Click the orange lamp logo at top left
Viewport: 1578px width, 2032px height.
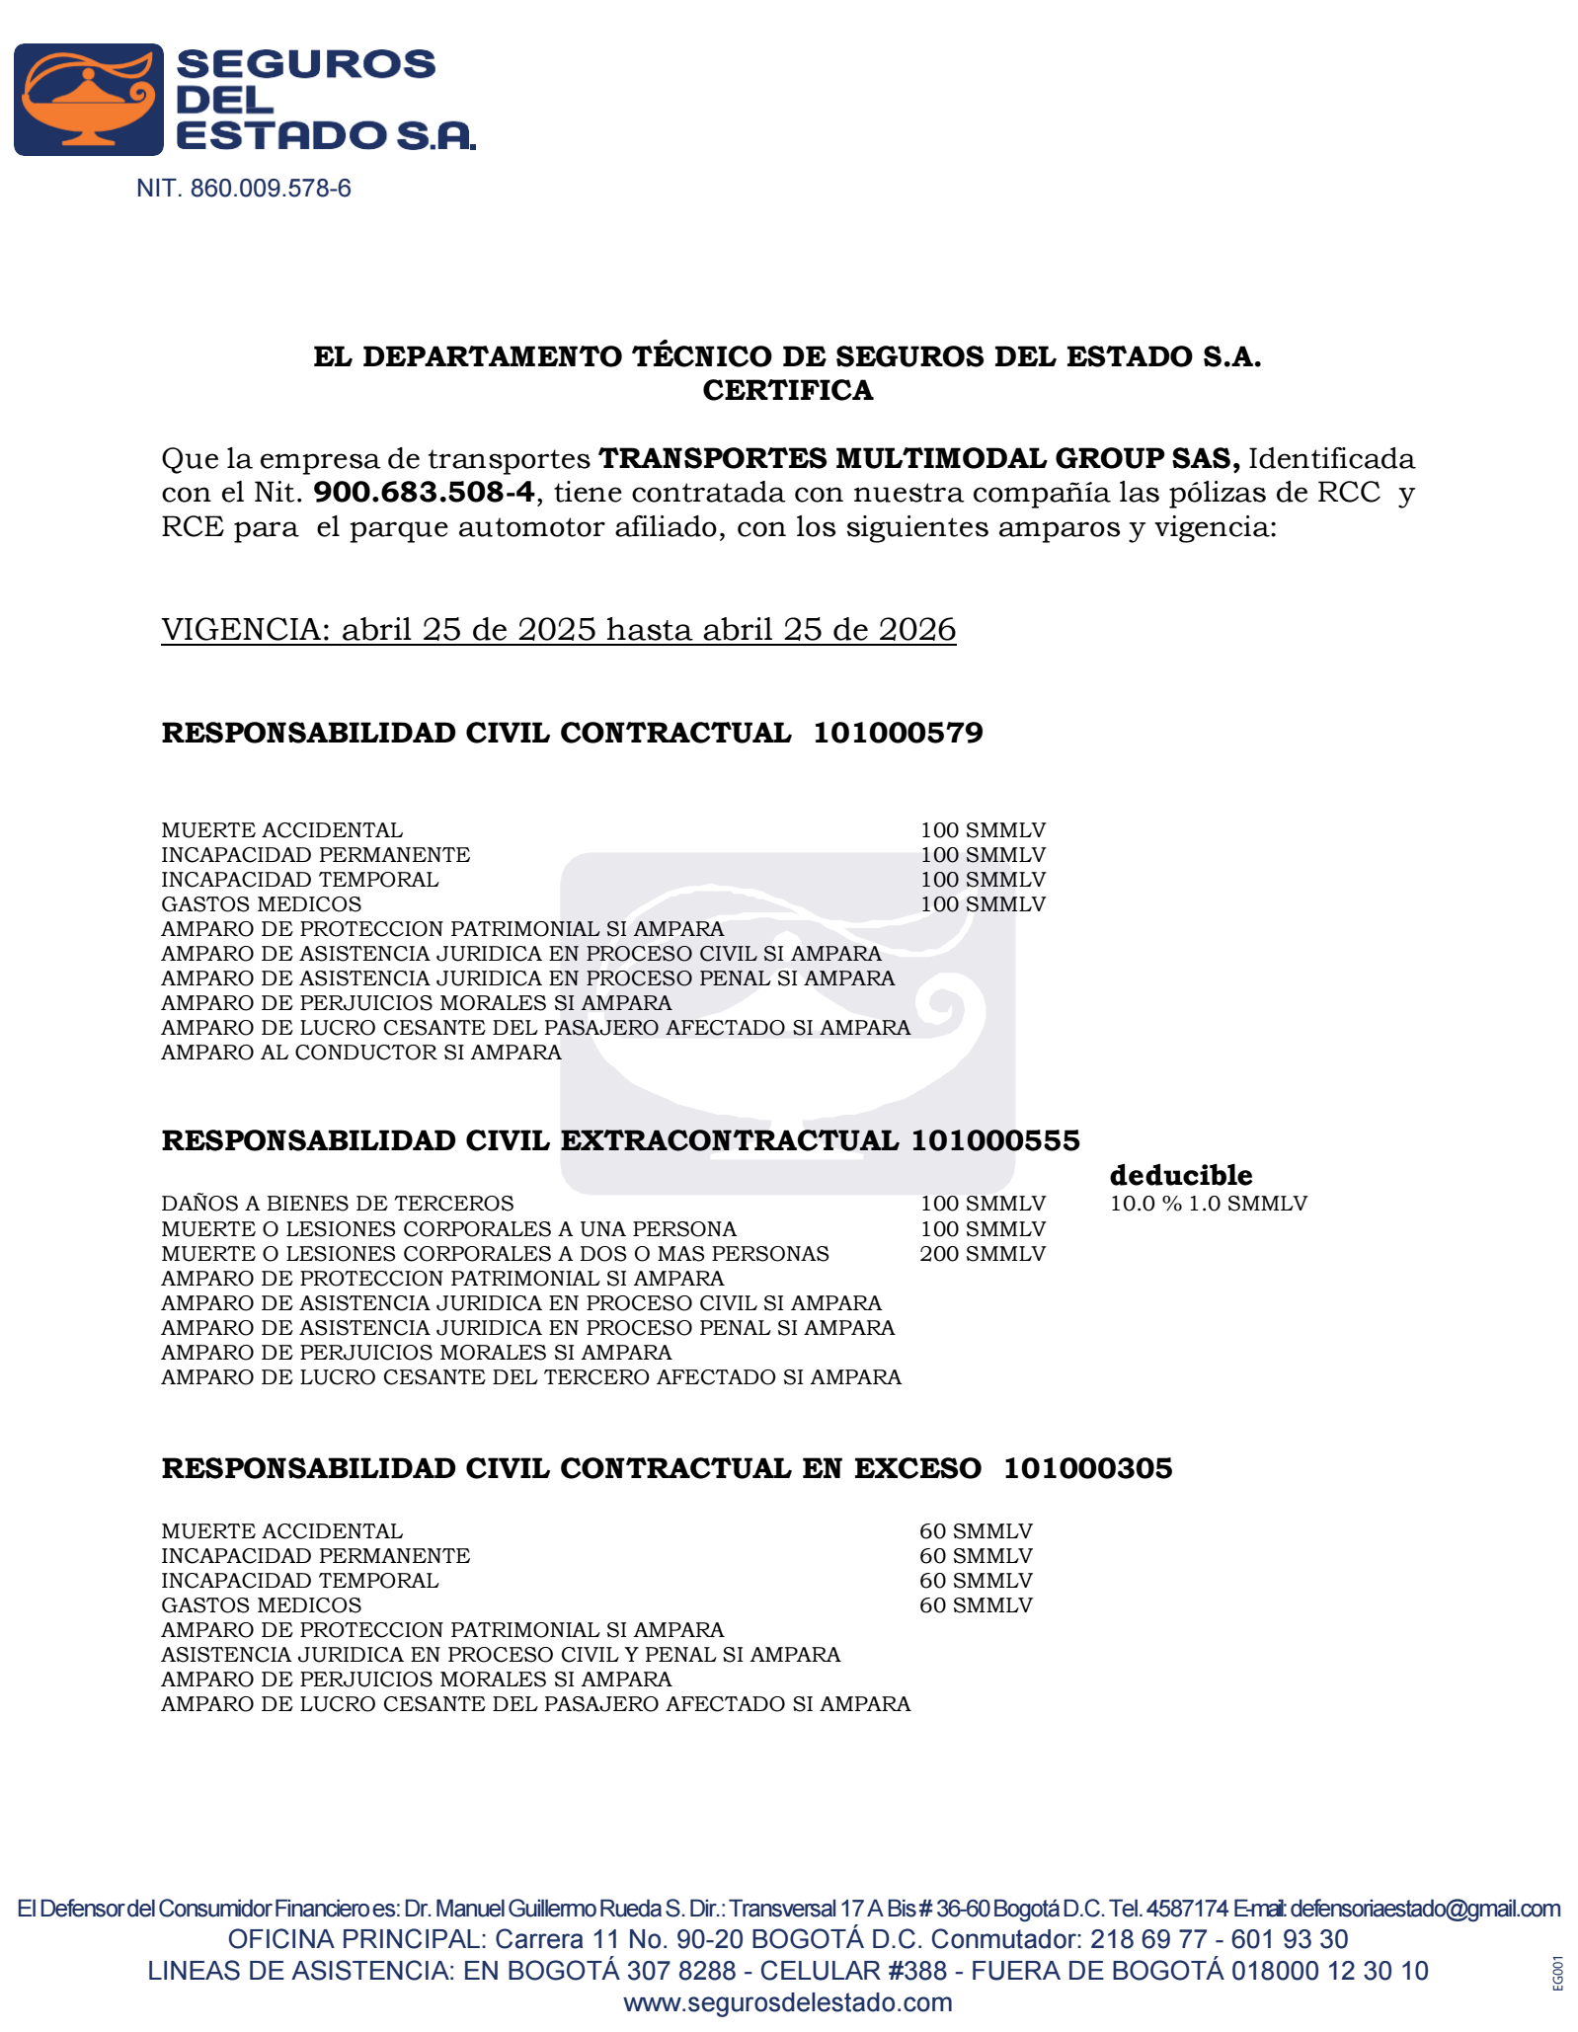[x=88, y=100]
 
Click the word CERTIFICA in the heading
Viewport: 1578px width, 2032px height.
[x=787, y=391]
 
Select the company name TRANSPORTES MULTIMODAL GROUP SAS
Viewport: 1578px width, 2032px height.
[x=918, y=459]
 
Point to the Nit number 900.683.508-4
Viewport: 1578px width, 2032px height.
[x=424, y=493]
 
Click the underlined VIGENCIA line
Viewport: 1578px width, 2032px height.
[x=558, y=630]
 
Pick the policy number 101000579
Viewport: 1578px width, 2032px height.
[x=898, y=734]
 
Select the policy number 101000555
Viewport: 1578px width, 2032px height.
[x=994, y=1141]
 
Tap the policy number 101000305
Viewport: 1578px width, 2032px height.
[x=1087, y=1469]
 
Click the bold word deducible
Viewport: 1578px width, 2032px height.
[x=1180, y=1176]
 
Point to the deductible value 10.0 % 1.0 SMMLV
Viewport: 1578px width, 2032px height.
[x=1208, y=1204]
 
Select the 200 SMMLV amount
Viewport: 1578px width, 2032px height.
[x=982, y=1254]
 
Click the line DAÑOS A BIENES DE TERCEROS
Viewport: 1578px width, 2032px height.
[x=338, y=1204]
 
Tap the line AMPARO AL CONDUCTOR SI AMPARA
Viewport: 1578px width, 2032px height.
[x=361, y=1053]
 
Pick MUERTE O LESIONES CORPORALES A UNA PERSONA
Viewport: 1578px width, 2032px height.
[x=448, y=1229]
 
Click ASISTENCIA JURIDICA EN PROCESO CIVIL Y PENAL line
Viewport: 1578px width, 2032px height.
[x=501, y=1655]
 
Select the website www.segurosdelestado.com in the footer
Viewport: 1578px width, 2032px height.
[x=787, y=2002]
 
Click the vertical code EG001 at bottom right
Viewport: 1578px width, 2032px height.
[x=1557, y=1973]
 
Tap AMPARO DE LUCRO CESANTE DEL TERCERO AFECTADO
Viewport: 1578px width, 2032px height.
[x=531, y=1377]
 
